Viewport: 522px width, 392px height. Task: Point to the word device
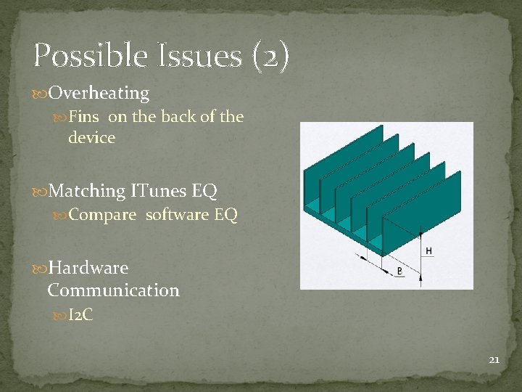tap(91, 137)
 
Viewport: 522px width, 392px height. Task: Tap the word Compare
tap(102, 216)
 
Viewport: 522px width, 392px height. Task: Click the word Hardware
tap(88, 268)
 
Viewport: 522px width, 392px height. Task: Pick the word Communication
tap(113, 290)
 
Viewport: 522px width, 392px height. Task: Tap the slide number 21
tap(494, 359)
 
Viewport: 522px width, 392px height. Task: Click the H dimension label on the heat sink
tap(429, 250)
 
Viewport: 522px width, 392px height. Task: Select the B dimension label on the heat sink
tap(399, 271)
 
